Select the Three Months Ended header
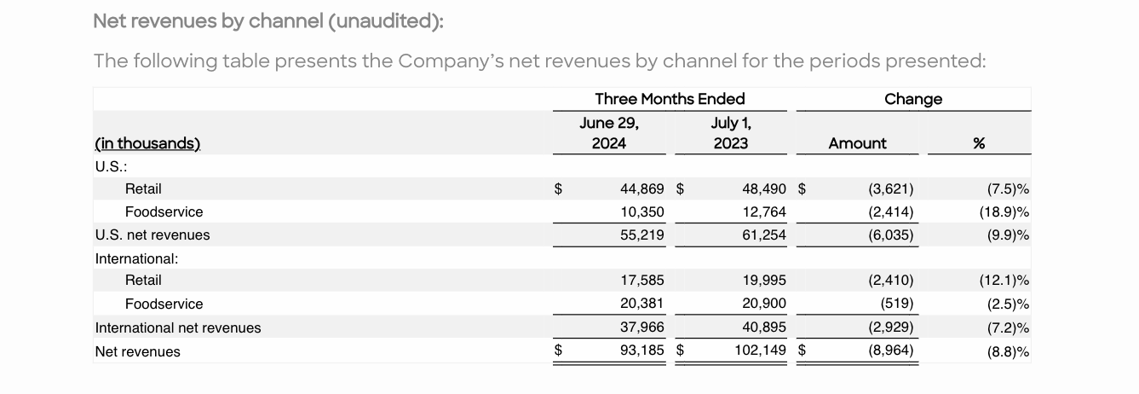[670, 99]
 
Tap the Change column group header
[913, 99]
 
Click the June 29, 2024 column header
[608, 133]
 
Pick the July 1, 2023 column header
[730, 133]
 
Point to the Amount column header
[857, 143]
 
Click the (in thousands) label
[147, 143]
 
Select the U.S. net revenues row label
[152, 235]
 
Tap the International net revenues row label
[178, 327]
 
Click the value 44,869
[641, 188]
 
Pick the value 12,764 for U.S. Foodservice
[763, 211]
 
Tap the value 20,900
[763, 304]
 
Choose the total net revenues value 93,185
[641, 350]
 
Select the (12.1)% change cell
[1004, 280]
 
